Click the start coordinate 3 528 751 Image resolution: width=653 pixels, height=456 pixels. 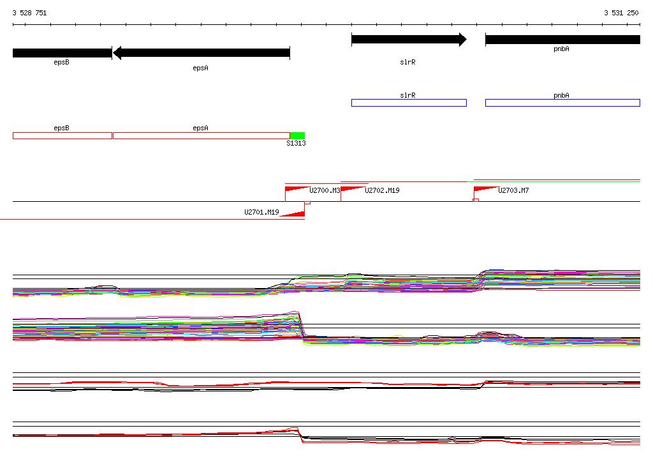29,13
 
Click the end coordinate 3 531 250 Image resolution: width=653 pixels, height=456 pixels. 621,13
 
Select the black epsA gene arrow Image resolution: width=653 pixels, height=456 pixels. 201,53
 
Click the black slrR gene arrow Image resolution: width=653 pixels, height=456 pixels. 409,40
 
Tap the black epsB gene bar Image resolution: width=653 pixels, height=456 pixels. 62,53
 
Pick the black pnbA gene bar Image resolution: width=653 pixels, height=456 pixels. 562,40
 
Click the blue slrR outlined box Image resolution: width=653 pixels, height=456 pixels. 409,103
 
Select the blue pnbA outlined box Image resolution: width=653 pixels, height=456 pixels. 562,103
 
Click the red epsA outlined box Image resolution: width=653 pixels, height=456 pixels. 202,135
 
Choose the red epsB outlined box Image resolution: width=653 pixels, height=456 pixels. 62,135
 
